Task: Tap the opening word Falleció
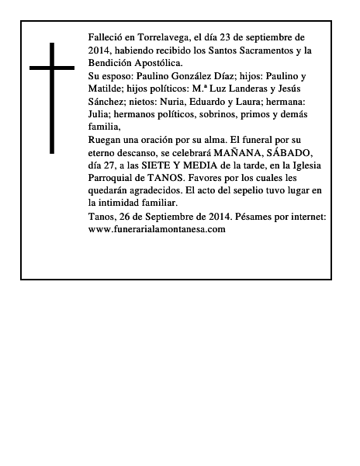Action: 107,37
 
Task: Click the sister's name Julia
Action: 102,114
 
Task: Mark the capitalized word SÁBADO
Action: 296,153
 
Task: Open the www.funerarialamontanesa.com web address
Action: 157,230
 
